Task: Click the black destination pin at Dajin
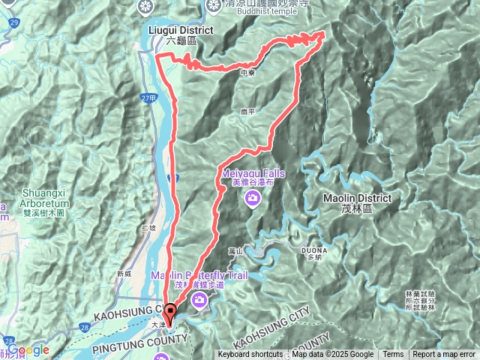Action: tap(170, 313)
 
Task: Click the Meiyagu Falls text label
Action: tap(252, 178)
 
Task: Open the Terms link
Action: tap(393, 355)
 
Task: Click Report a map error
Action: tap(445, 355)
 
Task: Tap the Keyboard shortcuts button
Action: tap(250, 355)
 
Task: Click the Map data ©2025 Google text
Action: tap(332, 355)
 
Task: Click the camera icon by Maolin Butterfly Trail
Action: tap(199, 300)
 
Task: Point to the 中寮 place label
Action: tap(249, 73)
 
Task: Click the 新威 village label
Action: tap(124, 274)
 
